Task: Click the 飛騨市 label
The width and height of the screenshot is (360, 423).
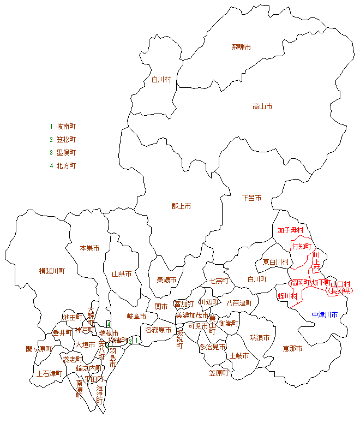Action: click(x=241, y=48)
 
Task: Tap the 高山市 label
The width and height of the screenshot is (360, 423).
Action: click(x=262, y=106)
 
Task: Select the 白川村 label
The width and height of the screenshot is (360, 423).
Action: click(x=161, y=80)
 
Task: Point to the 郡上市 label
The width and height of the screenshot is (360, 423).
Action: click(x=181, y=206)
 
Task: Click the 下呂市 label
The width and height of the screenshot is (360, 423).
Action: click(x=251, y=198)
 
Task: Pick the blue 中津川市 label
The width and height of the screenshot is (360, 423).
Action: click(x=325, y=315)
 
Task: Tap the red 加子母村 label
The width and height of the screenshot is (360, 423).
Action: click(x=290, y=230)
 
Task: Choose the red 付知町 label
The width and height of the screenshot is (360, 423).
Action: click(x=301, y=246)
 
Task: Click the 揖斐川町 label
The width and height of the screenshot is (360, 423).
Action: click(x=52, y=271)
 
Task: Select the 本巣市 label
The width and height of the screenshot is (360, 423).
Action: click(x=89, y=248)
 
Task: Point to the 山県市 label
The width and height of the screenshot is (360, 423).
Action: click(x=122, y=274)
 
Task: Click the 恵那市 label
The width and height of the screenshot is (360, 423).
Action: click(x=292, y=348)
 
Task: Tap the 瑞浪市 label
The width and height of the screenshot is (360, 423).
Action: click(x=260, y=338)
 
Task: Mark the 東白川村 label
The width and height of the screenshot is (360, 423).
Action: click(x=275, y=262)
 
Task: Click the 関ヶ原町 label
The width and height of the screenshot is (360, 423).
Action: click(x=39, y=349)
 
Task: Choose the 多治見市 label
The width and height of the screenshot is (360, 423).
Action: click(x=212, y=347)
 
